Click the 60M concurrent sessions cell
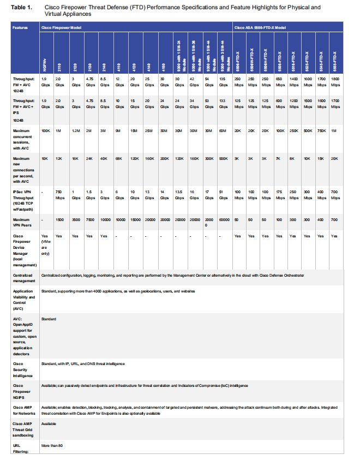[224, 132]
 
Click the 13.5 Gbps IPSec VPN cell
[179, 195]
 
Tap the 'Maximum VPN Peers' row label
[22, 221]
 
